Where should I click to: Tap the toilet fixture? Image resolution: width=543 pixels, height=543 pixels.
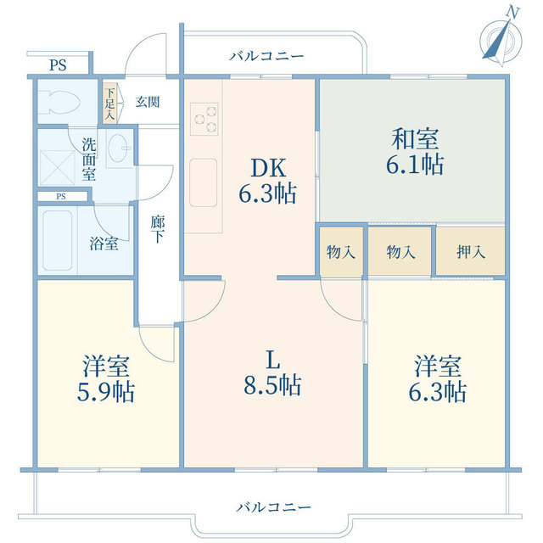click(62, 102)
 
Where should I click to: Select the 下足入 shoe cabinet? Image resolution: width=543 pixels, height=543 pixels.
click(109, 102)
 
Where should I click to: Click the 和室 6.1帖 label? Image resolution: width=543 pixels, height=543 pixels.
click(414, 151)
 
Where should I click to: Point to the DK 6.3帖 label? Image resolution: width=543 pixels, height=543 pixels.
click(266, 181)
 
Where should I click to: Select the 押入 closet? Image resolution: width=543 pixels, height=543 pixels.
click(469, 251)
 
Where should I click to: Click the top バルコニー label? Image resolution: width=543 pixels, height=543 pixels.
click(266, 57)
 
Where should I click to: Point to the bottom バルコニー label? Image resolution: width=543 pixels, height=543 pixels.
click(273, 507)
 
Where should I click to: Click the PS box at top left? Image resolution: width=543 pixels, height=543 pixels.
click(57, 64)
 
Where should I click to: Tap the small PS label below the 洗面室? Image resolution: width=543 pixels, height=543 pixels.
click(60, 197)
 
